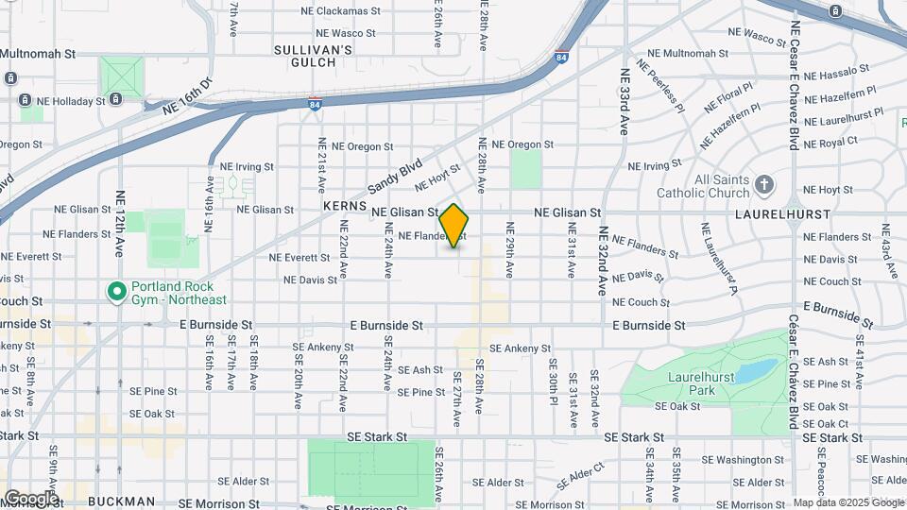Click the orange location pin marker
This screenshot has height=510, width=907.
pos(454,225)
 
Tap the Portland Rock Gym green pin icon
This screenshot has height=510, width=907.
pos(117,292)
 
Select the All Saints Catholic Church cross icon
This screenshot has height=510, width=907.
pos(765,184)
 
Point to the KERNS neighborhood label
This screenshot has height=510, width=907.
pos(343,205)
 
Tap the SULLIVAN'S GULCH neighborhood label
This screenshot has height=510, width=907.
pos(314,56)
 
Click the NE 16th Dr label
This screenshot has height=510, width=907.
pos(188,95)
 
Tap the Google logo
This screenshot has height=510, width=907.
pos(31,498)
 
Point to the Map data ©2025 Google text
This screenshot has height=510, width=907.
pos(847,502)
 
